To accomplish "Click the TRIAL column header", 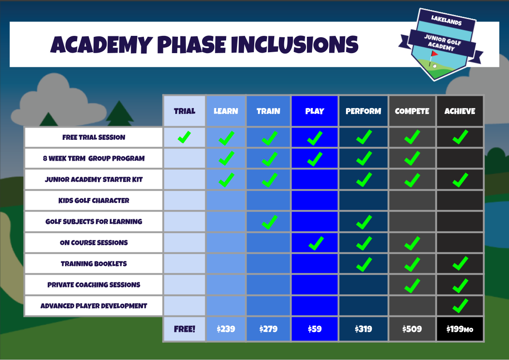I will (184, 111).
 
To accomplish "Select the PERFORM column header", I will (363, 111).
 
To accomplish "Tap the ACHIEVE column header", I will (460, 111).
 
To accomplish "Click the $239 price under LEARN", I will (226, 329).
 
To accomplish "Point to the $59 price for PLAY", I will (315, 329).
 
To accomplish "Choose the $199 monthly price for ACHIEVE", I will (460, 329).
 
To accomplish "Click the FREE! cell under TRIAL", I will (184, 329).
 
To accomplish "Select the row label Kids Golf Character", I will (94, 201).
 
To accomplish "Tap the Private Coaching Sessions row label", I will (94, 285).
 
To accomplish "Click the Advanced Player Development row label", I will (94, 306).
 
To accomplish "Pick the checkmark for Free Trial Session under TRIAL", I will (184, 137).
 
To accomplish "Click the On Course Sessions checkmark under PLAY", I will (315, 243).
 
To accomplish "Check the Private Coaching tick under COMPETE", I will (412, 286).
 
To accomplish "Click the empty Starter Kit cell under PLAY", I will (315, 179).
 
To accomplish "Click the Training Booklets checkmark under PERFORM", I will (364, 264).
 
